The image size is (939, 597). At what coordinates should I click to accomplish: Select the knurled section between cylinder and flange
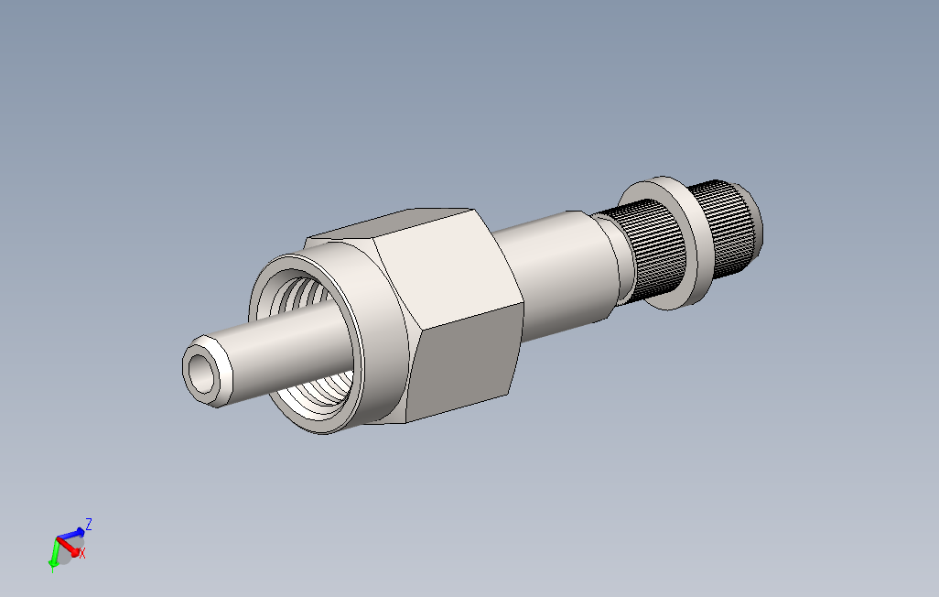(641, 252)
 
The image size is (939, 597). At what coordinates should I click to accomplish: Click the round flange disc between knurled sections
(682, 243)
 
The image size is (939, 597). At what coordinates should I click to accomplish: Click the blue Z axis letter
(89, 525)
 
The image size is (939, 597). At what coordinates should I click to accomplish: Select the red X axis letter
(82, 554)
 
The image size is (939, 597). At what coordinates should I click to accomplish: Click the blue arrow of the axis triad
(71, 533)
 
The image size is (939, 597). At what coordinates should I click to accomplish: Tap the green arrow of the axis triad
(55, 553)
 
